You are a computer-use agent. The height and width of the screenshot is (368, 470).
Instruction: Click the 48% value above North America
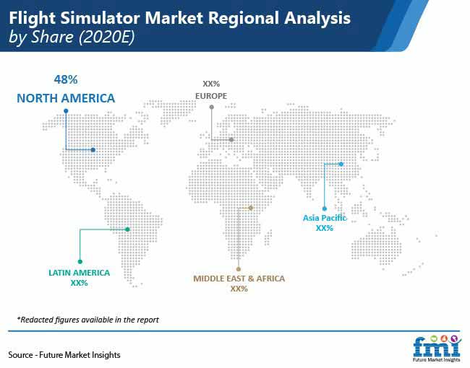[64, 79]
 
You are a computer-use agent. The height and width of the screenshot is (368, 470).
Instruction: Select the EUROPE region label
[211, 95]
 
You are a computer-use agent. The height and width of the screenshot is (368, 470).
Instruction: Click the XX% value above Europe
[211, 84]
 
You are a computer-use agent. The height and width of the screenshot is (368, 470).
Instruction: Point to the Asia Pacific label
[325, 217]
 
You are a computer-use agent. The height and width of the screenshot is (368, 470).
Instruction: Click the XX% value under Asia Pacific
[325, 228]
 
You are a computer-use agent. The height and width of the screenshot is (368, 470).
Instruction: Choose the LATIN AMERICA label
[80, 273]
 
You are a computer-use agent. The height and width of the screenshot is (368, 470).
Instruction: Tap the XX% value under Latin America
[80, 284]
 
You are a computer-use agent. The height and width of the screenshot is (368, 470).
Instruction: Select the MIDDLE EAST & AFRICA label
[239, 278]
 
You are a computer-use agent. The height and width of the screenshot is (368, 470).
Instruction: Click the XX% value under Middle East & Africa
[239, 289]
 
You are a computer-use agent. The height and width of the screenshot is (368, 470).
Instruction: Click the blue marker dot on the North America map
[93, 150]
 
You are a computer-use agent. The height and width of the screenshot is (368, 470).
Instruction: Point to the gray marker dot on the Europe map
[231, 139]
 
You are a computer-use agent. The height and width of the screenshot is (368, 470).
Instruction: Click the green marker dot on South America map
[127, 229]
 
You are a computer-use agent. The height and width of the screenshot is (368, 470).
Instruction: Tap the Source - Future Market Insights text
[64, 355]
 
